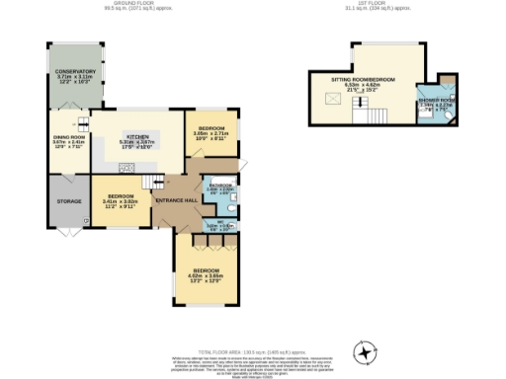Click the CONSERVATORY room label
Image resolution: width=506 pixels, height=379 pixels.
click(75, 72)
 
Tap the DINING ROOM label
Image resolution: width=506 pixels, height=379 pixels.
click(70, 138)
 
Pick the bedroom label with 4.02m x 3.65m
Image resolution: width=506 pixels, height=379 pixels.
click(207, 270)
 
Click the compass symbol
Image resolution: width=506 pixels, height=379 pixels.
click(366, 350)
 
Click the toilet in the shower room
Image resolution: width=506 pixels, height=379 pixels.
click(448, 114)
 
